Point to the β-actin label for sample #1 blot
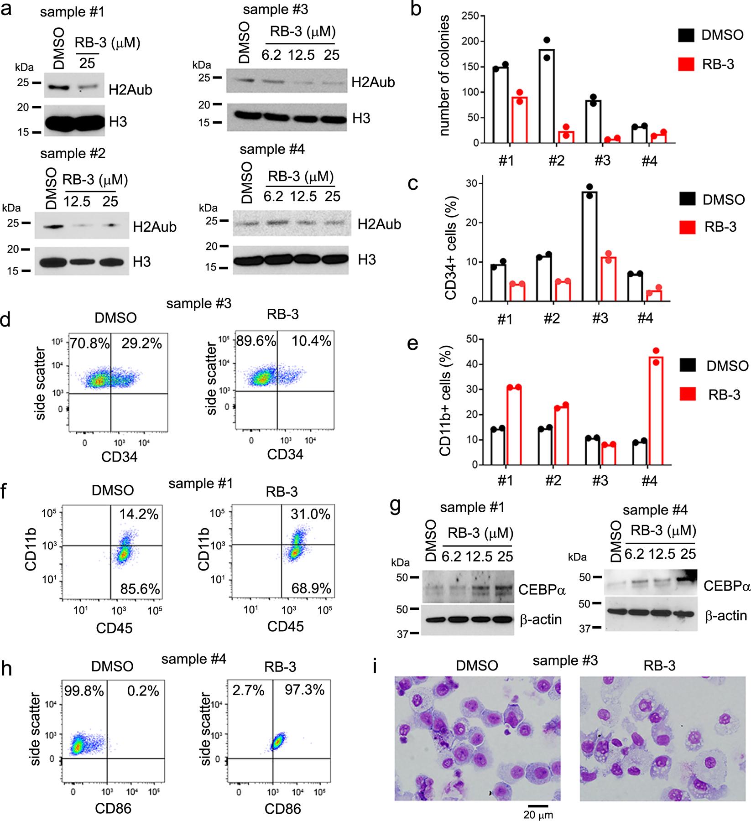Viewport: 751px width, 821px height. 542,619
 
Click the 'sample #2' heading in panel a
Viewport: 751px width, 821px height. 73,154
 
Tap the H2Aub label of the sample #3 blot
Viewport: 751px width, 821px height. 373,83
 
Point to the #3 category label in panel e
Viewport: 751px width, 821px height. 601,482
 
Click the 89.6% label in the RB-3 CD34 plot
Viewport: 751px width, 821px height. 256,341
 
